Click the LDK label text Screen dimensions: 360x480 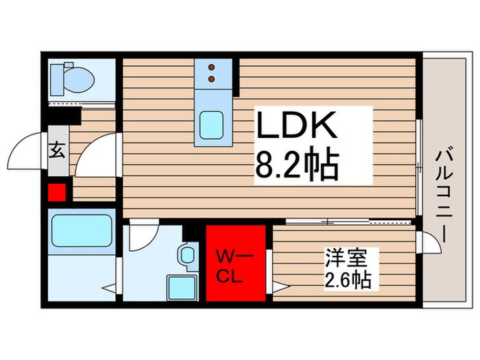point(297,128)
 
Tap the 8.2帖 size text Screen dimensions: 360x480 point(298,165)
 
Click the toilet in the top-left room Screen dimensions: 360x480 point(73,80)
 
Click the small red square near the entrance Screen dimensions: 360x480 point(56,193)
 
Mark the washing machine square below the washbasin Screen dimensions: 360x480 point(183,285)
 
